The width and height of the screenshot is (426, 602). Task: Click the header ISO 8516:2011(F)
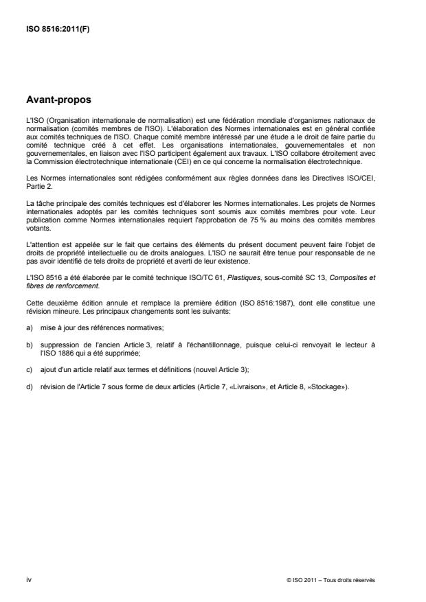tap(52, 28)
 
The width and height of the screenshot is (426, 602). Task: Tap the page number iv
tap(29, 579)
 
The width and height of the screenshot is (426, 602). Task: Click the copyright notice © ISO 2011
tap(331, 579)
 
